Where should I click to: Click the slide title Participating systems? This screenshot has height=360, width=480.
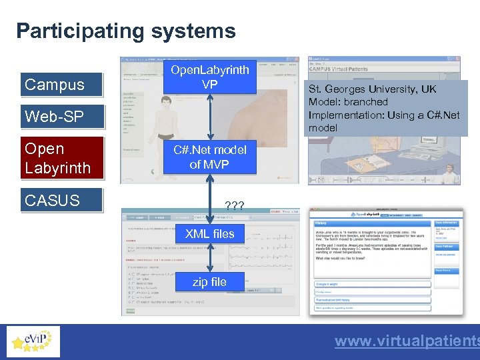pyautogui.click(x=126, y=31)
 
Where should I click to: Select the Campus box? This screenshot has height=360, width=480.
pyautogui.click(x=61, y=85)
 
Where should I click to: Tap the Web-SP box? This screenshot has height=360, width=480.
pyautogui.click(x=61, y=117)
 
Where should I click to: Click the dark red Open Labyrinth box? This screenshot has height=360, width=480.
pyautogui.click(x=62, y=158)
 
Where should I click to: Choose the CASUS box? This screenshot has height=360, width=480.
pyautogui.click(x=61, y=200)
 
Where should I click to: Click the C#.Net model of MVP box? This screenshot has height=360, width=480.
pyautogui.click(x=209, y=157)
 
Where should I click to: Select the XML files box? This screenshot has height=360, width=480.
pyautogui.click(x=209, y=233)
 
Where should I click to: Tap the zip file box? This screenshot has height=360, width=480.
pyautogui.click(x=209, y=282)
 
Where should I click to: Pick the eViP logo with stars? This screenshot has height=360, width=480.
pyautogui.click(x=32, y=342)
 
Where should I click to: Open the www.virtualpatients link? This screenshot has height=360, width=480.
pyautogui.click(x=407, y=341)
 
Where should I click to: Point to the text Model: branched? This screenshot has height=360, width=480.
pyautogui.click(x=348, y=102)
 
